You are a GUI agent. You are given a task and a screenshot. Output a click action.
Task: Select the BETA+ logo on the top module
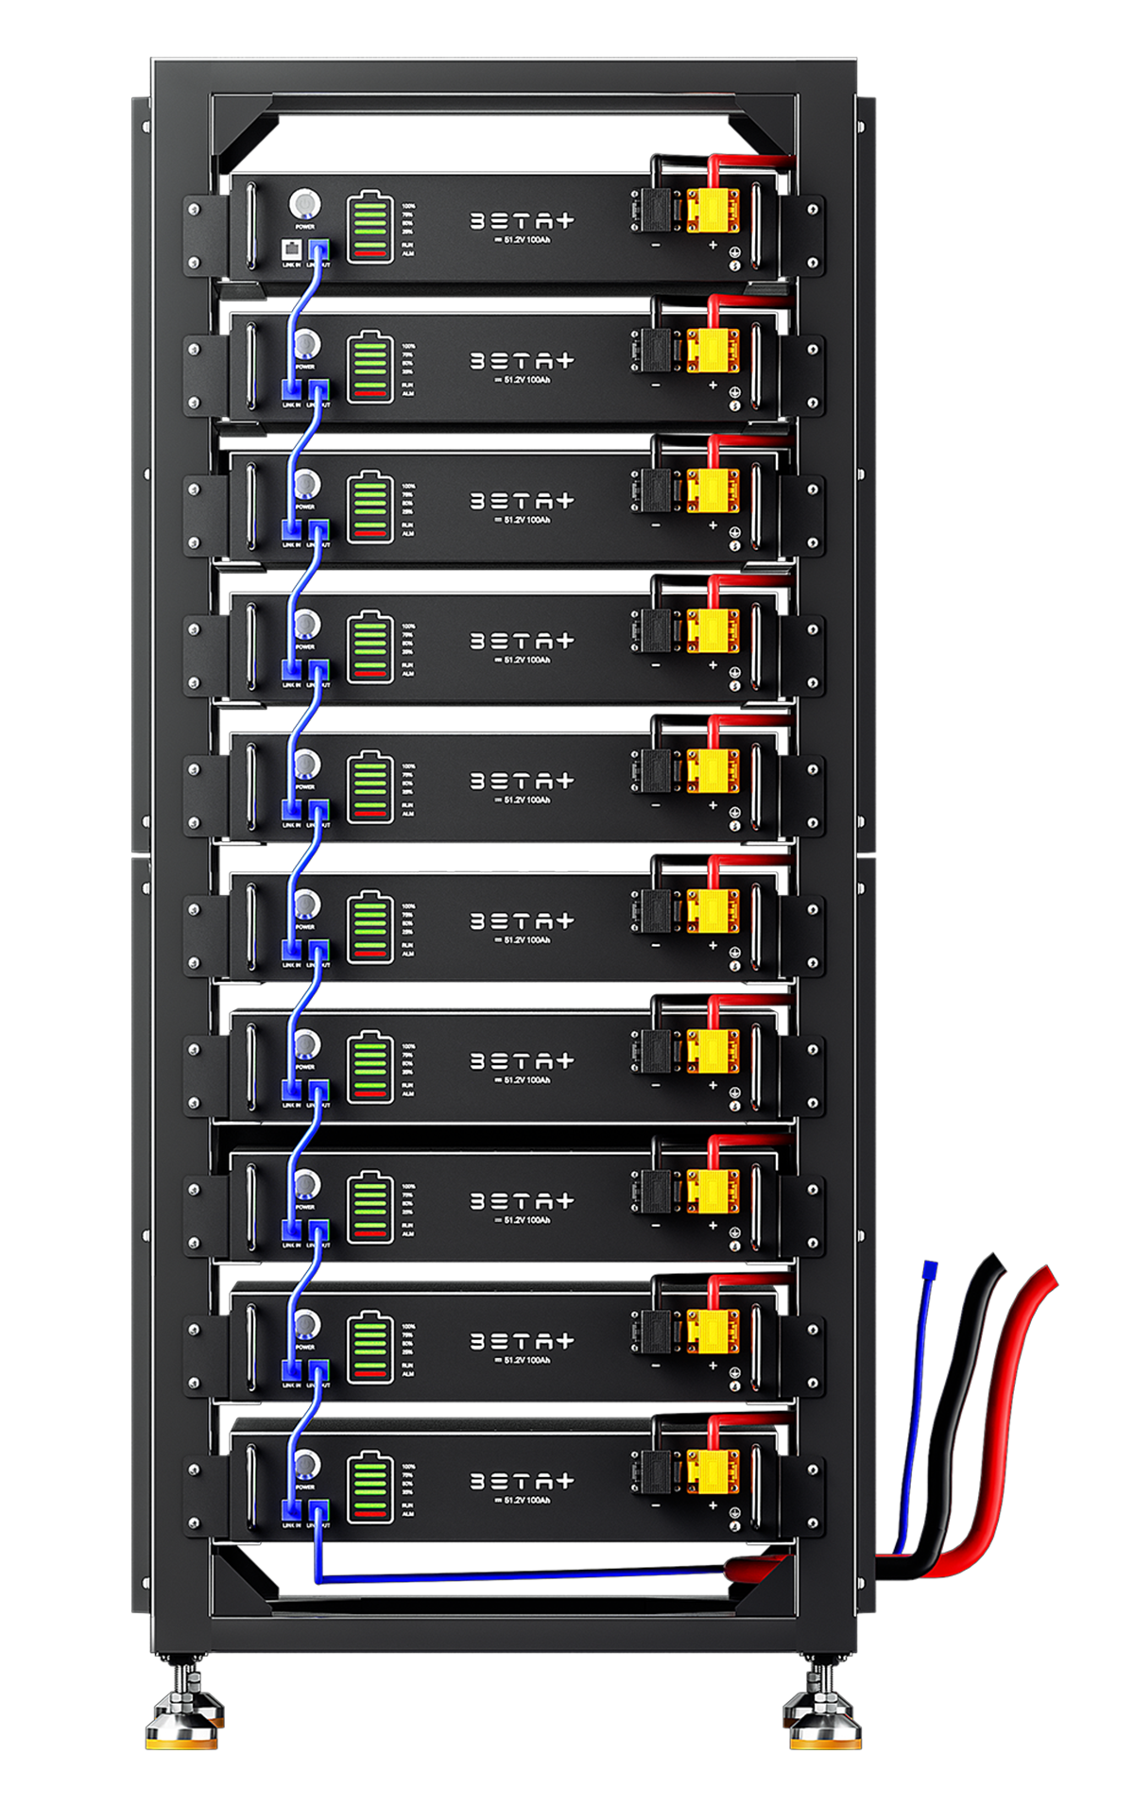[x=522, y=221]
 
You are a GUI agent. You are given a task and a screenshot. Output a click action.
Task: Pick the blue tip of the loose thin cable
[x=931, y=1271]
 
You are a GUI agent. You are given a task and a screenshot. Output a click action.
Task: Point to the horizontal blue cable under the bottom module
[x=520, y=1576]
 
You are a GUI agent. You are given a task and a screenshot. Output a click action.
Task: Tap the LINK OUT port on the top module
[x=318, y=250]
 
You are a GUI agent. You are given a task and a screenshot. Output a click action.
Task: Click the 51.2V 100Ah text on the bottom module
[x=523, y=1500]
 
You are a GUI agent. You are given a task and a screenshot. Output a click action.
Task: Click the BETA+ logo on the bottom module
[x=522, y=1481]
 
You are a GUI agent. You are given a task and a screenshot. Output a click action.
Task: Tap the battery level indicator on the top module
[x=369, y=228]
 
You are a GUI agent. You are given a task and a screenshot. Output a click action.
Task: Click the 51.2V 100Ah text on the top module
[x=523, y=240]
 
